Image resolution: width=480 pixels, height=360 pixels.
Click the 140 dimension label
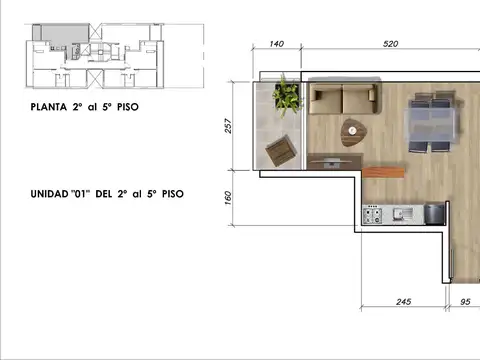(277, 44)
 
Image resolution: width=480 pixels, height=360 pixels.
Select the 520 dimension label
(390, 44)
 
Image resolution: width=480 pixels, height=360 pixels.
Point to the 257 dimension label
(228, 126)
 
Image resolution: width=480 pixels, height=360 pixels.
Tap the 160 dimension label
(228, 198)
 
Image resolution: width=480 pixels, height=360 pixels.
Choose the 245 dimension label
(404, 302)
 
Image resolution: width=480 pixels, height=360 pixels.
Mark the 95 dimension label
(465, 302)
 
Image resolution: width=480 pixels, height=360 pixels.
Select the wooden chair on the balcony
(281, 151)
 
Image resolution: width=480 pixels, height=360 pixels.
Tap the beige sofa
(344, 98)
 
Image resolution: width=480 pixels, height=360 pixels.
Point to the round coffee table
(353, 132)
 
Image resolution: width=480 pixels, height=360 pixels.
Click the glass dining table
(432, 121)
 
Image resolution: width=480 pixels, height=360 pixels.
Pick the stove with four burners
(372, 215)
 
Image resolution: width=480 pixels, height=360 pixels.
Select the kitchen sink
(403, 214)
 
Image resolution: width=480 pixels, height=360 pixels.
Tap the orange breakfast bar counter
(383, 172)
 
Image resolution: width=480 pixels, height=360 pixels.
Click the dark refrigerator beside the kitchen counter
(435, 214)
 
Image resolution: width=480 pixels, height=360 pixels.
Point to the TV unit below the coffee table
(335, 162)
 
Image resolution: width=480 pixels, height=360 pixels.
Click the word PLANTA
(49, 107)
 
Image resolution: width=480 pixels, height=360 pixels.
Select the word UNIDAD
(49, 194)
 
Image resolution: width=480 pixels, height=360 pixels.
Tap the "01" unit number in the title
(80, 194)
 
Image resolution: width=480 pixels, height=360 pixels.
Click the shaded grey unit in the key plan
(62, 35)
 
